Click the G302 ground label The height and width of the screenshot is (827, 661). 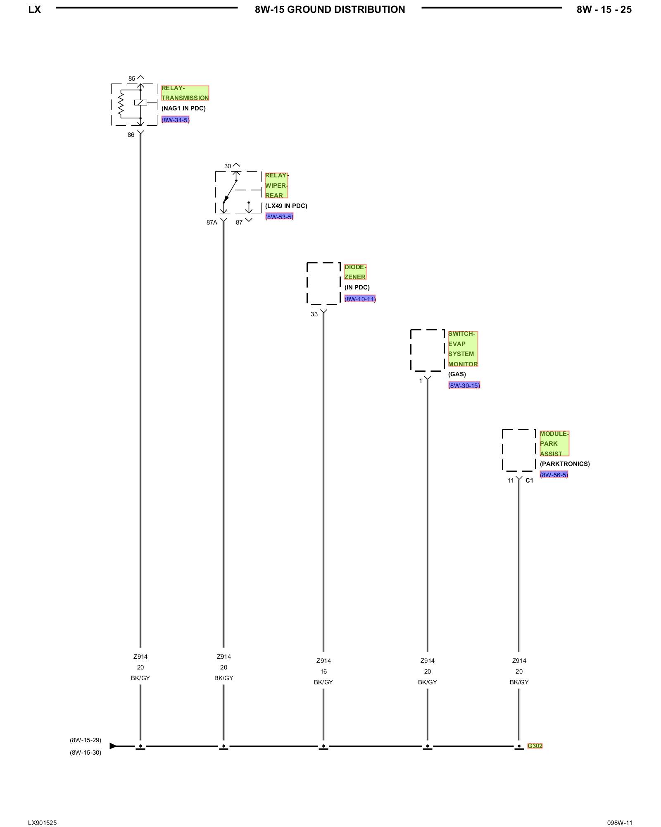tap(535, 746)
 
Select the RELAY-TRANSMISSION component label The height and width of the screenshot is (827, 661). tap(185, 93)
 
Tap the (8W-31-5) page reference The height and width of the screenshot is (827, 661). tap(175, 120)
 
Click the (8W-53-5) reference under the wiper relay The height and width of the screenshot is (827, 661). tap(279, 217)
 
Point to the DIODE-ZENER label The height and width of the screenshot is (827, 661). tap(355, 272)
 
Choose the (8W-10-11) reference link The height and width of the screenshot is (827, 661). tap(360, 299)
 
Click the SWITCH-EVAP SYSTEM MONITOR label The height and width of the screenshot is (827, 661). tap(463, 349)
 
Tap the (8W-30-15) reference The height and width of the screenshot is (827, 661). tap(464, 385)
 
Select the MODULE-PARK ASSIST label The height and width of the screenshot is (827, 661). tap(554, 444)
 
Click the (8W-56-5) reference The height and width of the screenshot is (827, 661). tap(554, 475)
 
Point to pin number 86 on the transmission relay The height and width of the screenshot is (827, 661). tap(131, 135)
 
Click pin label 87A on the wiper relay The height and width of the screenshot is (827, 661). tap(212, 222)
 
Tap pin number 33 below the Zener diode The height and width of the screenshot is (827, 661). tap(314, 314)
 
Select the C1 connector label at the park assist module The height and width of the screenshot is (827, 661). tap(529, 480)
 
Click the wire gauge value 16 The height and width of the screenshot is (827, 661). tap(323, 672)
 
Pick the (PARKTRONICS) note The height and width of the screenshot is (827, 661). tap(565, 464)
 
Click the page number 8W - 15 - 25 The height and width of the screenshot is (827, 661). tap(604, 10)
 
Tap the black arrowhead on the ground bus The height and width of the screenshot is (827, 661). tap(113, 746)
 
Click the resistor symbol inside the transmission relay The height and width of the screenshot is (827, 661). tap(121, 104)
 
